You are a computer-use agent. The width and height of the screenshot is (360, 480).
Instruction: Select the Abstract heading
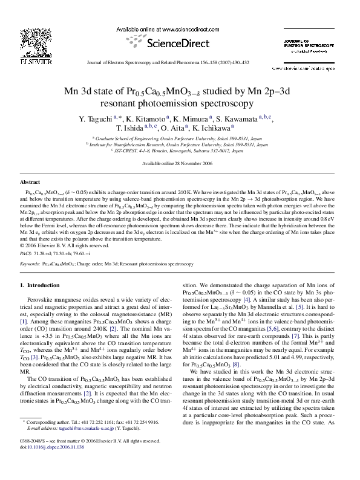pyautogui.click(x=31, y=181)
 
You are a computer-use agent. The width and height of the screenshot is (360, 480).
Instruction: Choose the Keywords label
pyautogui.click(x=31, y=264)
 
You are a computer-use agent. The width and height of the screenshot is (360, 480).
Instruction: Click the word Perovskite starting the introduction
pyautogui.click(x=42, y=299)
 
